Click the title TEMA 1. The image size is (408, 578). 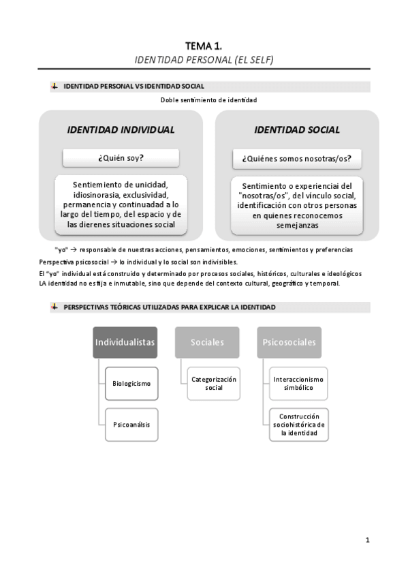coord(204,46)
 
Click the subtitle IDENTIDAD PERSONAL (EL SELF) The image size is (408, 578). coord(204,59)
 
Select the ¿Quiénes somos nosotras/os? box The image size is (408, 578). coord(296,158)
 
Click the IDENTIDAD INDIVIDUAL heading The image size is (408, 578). coord(121,130)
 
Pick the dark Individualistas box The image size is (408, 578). coord(125,342)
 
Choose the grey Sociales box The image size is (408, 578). coord(207,342)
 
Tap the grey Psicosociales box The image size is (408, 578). coord(289,342)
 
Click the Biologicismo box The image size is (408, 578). coord(131,383)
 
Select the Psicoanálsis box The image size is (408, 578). coord(131,424)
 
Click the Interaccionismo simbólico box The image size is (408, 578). coord(298,383)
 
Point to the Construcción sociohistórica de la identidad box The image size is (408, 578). coord(298,424)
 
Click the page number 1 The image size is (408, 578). coord(367,541)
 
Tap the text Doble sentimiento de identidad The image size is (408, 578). coord(208,100)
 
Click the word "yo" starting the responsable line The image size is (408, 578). coord(61,249)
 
